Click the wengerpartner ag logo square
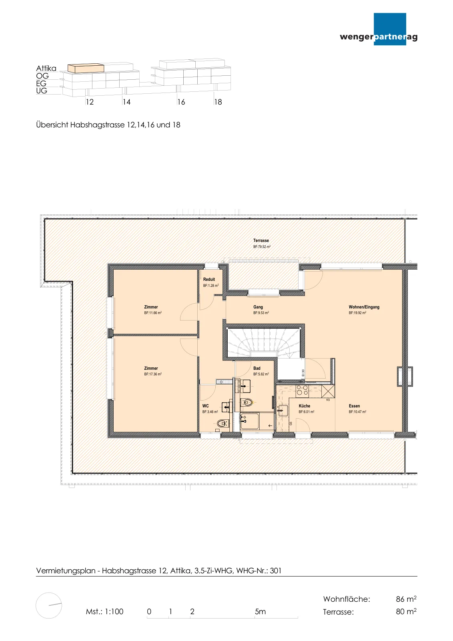[390, 29]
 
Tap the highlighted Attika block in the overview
[86, 68]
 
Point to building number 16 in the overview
[181, 102]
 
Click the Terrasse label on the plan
[261, 241]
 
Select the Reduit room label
[209, 279]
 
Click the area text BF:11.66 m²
[153, 313]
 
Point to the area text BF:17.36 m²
[153, 374]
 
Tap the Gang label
[258, 307]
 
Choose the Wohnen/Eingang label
[364, 307]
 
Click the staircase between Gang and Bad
[263, 342]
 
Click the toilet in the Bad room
[247, 403]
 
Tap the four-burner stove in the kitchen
[302, 390]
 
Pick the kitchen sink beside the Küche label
[283, 410]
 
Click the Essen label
[355, 406]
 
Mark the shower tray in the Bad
[250, 421]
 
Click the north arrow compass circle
[48, 605]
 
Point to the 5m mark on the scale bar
[261, 611]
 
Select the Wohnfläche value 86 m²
[406, 599]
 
